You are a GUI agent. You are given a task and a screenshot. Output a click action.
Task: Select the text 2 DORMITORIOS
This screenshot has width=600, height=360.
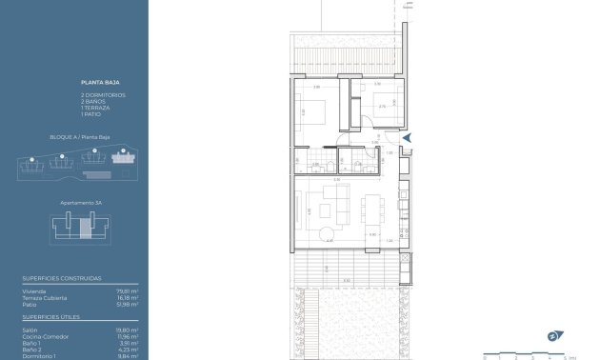[103, 95]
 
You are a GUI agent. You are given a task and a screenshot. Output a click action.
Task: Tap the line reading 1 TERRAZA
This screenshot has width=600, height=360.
[95, 108]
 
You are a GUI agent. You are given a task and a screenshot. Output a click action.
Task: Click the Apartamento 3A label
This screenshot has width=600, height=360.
[74, 203]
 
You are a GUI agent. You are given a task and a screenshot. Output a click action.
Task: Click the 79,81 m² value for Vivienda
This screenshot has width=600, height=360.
[128, 290]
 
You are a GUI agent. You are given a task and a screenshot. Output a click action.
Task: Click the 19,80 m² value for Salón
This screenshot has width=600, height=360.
[128, 330]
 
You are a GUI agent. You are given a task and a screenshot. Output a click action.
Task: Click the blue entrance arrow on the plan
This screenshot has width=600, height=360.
[407, 138]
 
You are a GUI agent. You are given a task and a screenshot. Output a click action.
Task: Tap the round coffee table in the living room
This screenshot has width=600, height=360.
[327, 233]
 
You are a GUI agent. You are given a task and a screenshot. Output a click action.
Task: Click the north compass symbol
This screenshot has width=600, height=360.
[551, 335]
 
